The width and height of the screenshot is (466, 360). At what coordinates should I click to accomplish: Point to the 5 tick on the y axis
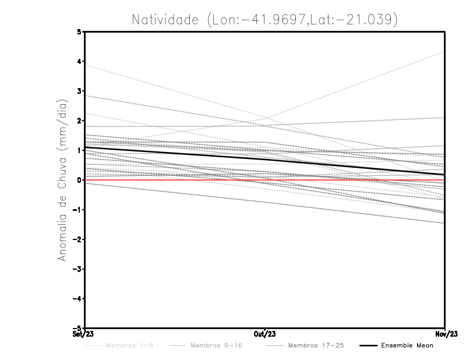(x=79, y=32)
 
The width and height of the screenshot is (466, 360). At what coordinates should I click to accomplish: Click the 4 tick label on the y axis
(x=79, y=62)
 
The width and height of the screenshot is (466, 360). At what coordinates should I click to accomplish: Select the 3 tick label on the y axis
(x=79, y=91)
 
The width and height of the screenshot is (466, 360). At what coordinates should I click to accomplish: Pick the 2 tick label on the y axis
(x=79, y=121)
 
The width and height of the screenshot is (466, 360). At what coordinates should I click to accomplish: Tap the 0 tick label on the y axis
(x=79, y=180)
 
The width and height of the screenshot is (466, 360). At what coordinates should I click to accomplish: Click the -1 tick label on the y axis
(x=77, y=210)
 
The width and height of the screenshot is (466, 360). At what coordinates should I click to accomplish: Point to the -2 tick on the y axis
(x=77, y=239)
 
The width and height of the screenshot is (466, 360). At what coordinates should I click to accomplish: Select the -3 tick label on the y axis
(x=77, y=269)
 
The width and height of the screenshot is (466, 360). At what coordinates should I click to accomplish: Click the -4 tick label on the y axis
(x=77, y=299)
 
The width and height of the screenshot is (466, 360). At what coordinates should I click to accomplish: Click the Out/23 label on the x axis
(x=265, y=334)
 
